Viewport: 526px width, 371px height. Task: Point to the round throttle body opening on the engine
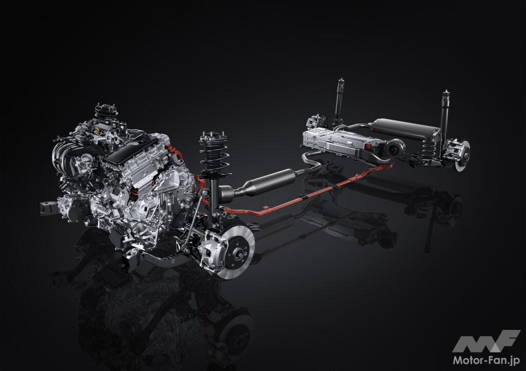coord(86,158)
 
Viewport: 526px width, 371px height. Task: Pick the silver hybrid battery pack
coord(342,143)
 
